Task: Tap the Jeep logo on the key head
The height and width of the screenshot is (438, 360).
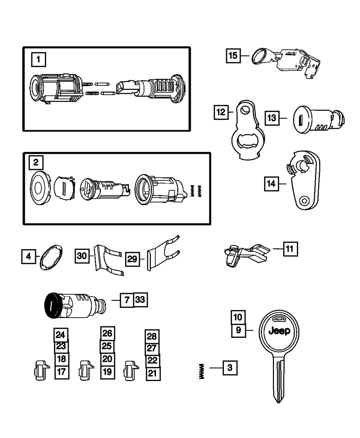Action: click(279, 331)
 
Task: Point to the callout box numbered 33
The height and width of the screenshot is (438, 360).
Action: click(141, 299)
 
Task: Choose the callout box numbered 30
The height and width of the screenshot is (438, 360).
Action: click(82, 255)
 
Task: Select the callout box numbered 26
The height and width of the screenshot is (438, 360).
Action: click(107, 333)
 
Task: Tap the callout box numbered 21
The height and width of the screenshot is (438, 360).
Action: click(153, 374)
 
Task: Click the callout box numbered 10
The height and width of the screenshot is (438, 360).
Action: click(238, 317)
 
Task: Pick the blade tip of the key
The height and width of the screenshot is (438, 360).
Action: click(277, 399)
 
